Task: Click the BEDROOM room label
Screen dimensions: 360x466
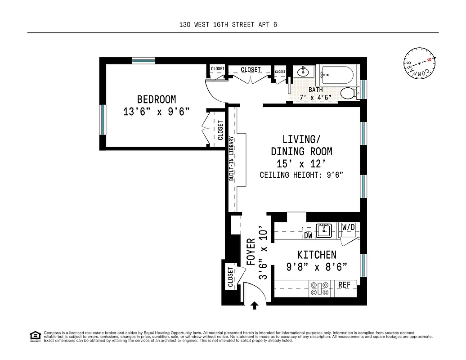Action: pyautogui.click(x=157, y=99)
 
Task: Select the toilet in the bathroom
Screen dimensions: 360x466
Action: pyautogui.click(x=349, y=93)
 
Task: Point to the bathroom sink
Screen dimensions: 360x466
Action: pyautogui.click(x=303, y=71)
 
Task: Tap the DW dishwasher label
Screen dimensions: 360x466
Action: pyautogui.click(x=308, y=235)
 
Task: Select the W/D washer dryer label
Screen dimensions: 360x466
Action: pyautogui.click(x=349, y=227)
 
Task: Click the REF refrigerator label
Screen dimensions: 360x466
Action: pyautogui.click(x=344, y=285)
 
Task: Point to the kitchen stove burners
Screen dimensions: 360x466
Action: pyautogui.click(x=320, y=288)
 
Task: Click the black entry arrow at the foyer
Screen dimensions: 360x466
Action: pyautogui.click(x=255, y=306)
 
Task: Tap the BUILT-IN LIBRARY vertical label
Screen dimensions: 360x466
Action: pyautogui.click(x=231, y=158)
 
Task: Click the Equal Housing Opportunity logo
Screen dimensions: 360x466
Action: pyautogui.click(x=34, y=336)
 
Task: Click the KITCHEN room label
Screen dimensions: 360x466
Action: pyautogui.click(x=317, y=255)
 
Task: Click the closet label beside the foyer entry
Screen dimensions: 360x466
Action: pyautogui.click(x=230, y=277)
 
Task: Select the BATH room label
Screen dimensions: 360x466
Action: pyautogui.click(x=315, y=90)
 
